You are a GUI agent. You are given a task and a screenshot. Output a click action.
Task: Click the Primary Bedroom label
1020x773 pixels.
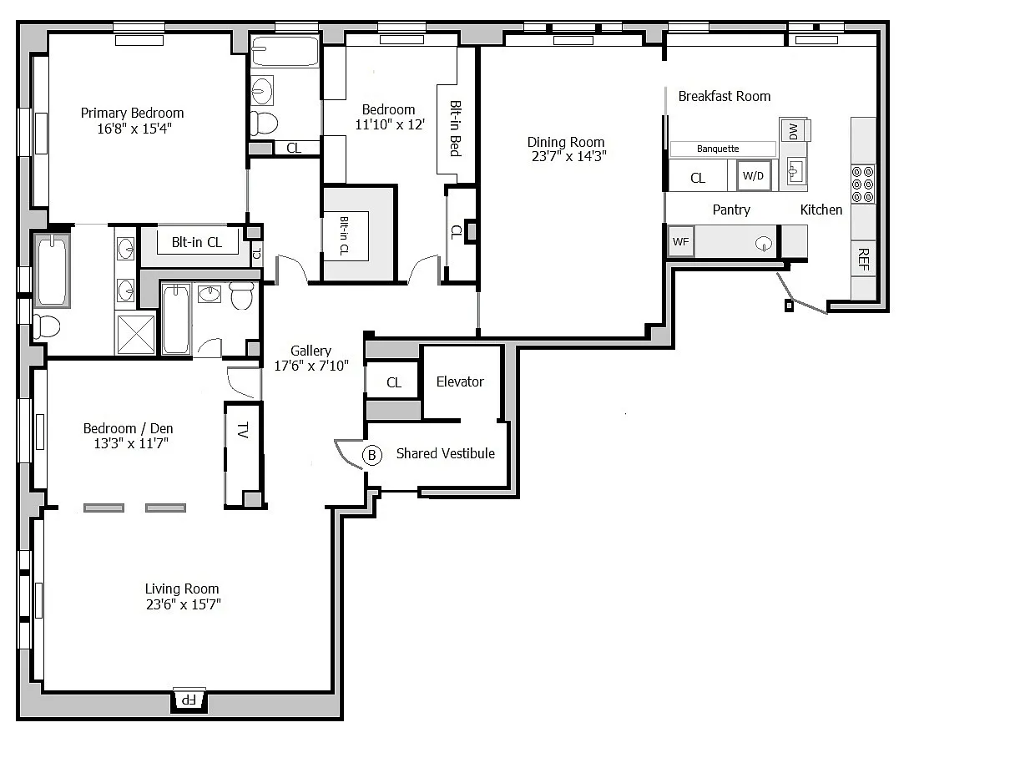coord(132,113)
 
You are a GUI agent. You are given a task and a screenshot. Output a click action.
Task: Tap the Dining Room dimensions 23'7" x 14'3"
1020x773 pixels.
coord(568,156)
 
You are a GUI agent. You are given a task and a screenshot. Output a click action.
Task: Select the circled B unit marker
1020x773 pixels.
coord(371,455)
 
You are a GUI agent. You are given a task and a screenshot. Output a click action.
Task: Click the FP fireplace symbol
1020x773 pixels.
coord(189,700)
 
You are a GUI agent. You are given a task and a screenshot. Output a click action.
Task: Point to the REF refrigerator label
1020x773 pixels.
coord(863,260)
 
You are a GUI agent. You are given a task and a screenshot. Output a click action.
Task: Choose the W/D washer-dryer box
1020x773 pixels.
coord(754,175)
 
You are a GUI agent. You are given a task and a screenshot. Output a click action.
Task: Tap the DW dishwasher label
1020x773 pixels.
coord(793,131)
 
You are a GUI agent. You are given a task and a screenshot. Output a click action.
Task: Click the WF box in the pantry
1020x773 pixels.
coord(681,241)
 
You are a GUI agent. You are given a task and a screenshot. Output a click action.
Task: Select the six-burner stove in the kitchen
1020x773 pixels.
coord(863,184)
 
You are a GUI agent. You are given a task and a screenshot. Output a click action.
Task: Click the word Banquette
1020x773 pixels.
coord(718,149)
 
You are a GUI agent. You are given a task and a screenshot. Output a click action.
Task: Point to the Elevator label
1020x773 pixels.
coord(460,381)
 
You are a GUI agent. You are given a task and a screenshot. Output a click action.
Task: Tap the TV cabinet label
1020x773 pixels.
coord(243,430)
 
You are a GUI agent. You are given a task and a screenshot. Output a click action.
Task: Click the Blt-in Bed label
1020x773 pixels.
coord(456,129)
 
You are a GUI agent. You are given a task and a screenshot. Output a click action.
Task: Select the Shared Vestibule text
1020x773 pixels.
coord(445,453)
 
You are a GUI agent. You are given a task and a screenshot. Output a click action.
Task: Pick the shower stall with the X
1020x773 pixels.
coord(136,334)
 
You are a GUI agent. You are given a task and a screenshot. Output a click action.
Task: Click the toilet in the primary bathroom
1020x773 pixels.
coord(47,326)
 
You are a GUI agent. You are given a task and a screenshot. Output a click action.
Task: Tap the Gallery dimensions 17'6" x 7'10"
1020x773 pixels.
coord(311,366)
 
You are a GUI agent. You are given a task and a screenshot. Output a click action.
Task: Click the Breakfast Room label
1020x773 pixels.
coord(724,96)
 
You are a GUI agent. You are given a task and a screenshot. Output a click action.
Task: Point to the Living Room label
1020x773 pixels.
coord(182,589)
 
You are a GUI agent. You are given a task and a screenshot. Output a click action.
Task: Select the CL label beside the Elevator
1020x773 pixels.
coord(394,382)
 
